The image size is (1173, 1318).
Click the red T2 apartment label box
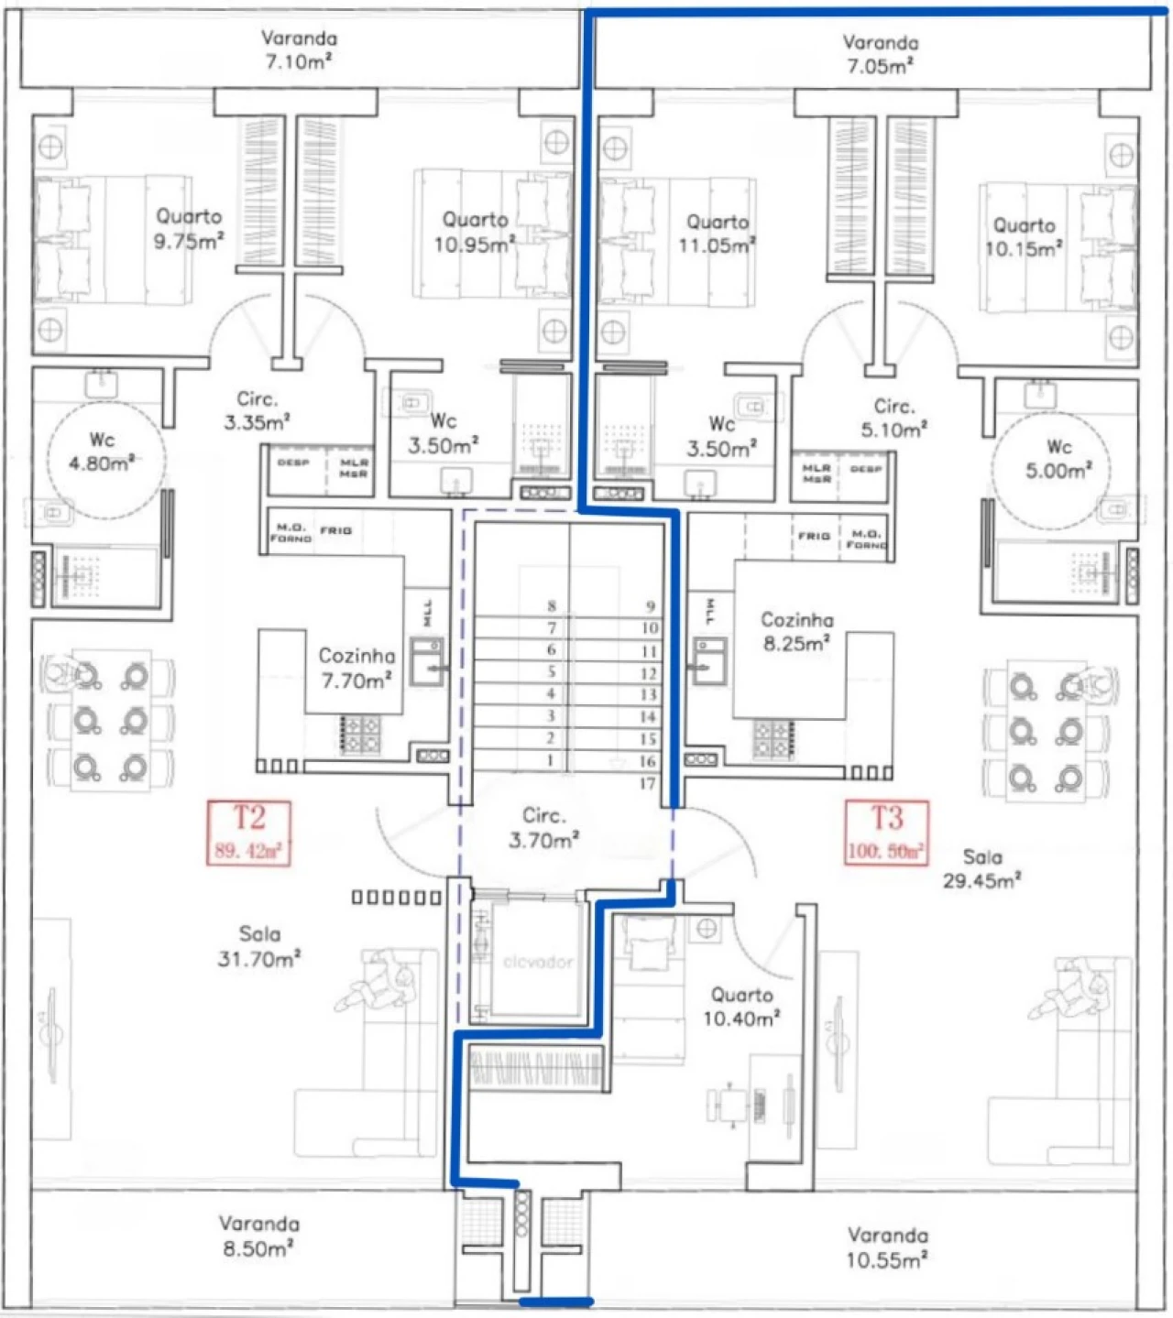pyautogui.click(x=248, y=833)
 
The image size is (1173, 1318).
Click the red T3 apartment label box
pyautogui.click(x=886, y=833)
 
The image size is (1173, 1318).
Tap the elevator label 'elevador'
pyautogui.click(x=538, y=962)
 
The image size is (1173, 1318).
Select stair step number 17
pyautogui.click(x=647, y=783)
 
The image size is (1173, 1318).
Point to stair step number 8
pyautogui.click(x=552, y=605)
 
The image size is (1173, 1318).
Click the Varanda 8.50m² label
pyautogui.click(x=259, y=1236)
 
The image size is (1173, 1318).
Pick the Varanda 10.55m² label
pyautogui.click(x=886, y=1247)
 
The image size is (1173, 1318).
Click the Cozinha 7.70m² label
pyautogui.click(x=356, y=668)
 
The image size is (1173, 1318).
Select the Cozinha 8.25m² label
pyautogui.click(x=797, y=631)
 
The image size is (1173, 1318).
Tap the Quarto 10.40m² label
pyautogui.click(x=742, y=1006)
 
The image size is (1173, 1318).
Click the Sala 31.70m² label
pyautogui.click(x=259, y=946)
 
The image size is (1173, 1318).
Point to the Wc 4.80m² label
pyautogui.click(x=102, y=452)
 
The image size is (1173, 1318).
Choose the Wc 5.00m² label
pyautogui.click(x=1058, y=459)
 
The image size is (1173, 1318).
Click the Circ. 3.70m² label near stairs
pyautogui.click(x=543, y=827)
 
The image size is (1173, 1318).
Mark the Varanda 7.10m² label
pyautogui.click(x=299, y=49)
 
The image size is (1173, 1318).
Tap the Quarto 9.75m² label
pyautogui.click(x=189, y=228)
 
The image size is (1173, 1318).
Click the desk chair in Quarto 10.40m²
pyautogui.click(x=730, y=1104)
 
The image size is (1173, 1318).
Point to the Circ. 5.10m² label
pyautogui.click(x=893, y=418)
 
